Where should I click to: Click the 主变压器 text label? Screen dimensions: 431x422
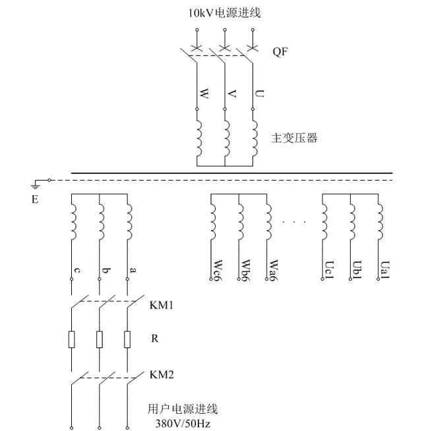click(x=294, y=138)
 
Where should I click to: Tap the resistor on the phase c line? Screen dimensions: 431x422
click(x=72, y=339)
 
